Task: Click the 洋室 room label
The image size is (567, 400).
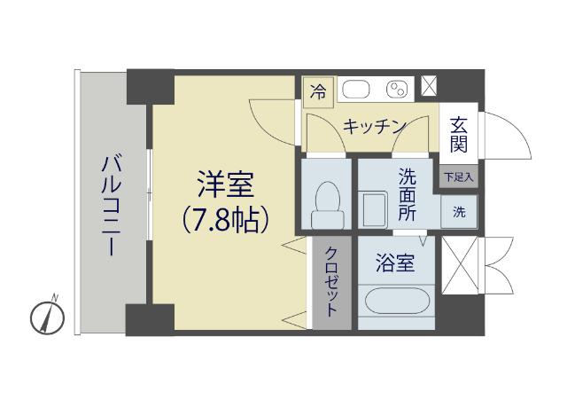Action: (x=225, y=187)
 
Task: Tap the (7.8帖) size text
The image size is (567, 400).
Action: (x=225, y=219)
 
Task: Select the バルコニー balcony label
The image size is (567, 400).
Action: (x=111, y=203)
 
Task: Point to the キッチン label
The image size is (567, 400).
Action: (x=374, y=127)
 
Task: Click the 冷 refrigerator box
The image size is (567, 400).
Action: (x=318, y=90)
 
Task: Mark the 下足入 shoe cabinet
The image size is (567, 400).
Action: (x=459, y=176)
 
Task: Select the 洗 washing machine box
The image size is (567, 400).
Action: (x=459, y=212)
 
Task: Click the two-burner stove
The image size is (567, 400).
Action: (x=397, y=90)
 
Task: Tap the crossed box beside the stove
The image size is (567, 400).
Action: (x=429, y=88)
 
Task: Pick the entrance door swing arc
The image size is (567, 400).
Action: (x=498, y=133)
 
